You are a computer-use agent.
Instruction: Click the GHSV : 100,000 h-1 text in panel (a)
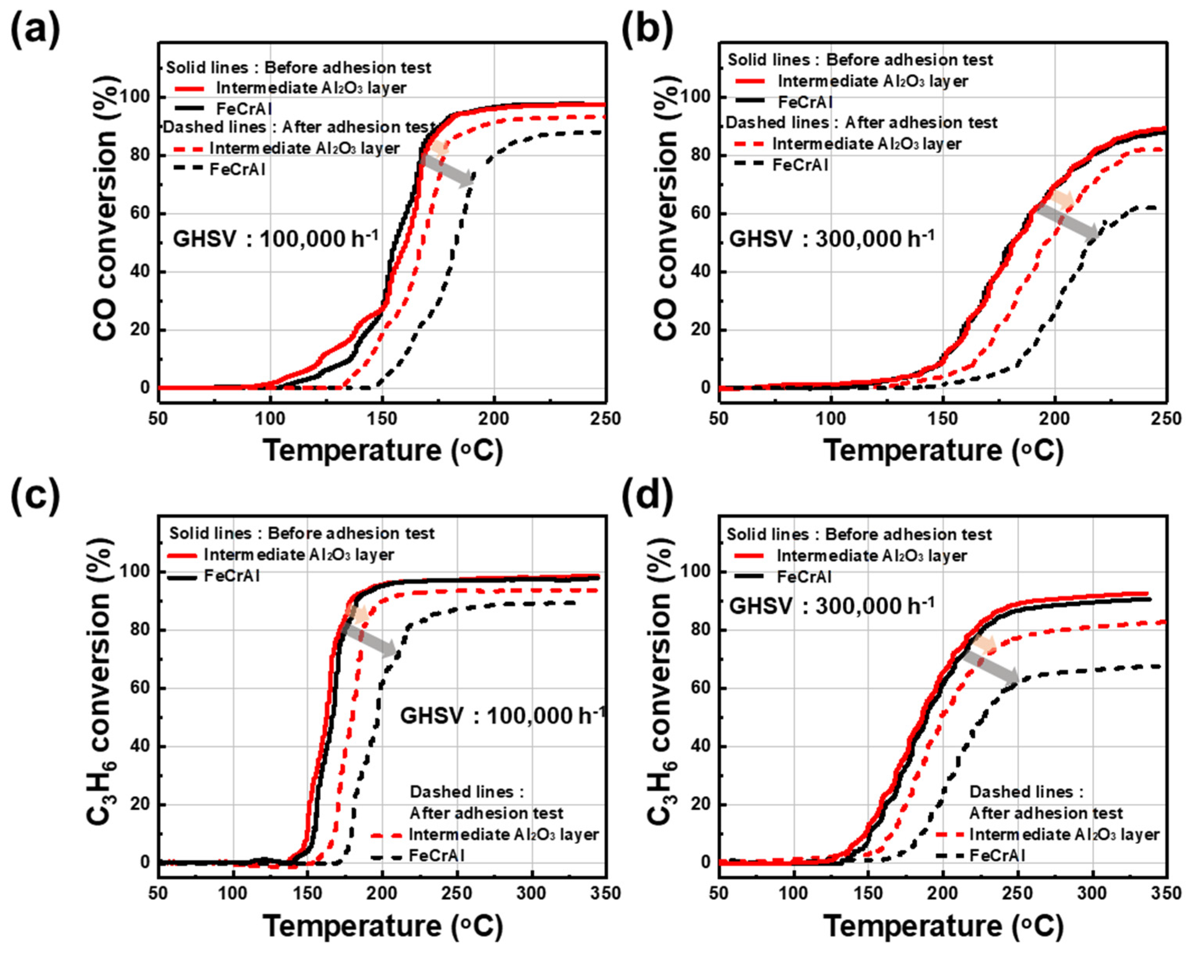click(276, 239)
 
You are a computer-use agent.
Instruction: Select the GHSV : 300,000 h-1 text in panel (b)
click(832, 239)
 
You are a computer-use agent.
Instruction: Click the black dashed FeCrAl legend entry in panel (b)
click(800, 165)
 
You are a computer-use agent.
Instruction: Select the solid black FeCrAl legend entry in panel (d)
click(804, 577)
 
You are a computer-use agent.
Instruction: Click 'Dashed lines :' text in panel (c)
click(466, 792)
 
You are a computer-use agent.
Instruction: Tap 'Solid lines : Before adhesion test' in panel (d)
click(858, 534)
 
